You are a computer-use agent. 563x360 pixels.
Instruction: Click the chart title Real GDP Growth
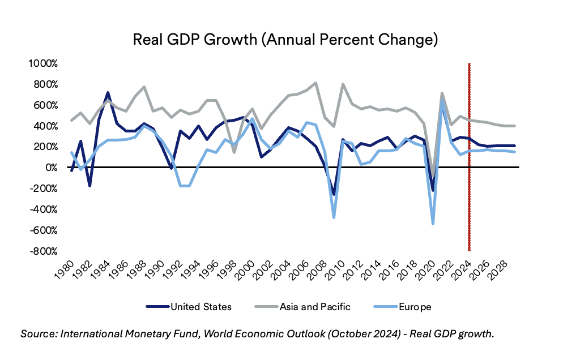285,40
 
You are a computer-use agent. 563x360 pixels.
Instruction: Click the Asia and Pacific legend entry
306,307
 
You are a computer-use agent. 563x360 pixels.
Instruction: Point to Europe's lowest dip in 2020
433,224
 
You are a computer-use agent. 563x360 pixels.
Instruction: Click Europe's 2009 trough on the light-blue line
334,217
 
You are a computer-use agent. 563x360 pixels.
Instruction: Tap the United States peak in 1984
108,92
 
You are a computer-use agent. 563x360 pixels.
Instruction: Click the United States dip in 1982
89,186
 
